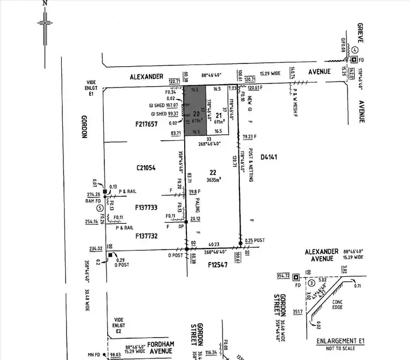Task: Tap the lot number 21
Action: tap(218, 115)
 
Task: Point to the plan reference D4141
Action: tap(270, 158)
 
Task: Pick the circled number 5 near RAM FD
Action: tap(99, 208)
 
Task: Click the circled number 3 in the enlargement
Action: tap(311, 283)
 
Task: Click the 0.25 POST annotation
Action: tap(256, 240)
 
